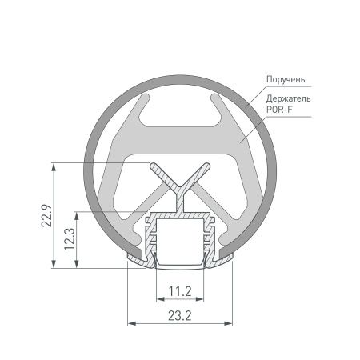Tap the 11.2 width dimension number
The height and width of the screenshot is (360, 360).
coord(179,290)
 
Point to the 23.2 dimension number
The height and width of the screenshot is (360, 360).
coord(179,317)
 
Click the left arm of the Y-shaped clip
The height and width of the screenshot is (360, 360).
coord(163,178)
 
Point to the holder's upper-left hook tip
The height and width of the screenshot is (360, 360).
coord(146,98)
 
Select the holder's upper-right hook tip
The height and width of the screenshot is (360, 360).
coord(214,98)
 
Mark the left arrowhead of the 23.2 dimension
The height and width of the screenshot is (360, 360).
coord(132,323)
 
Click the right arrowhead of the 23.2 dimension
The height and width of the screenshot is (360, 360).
coord(228,323)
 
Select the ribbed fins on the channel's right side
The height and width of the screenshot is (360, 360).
coord(212,236)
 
